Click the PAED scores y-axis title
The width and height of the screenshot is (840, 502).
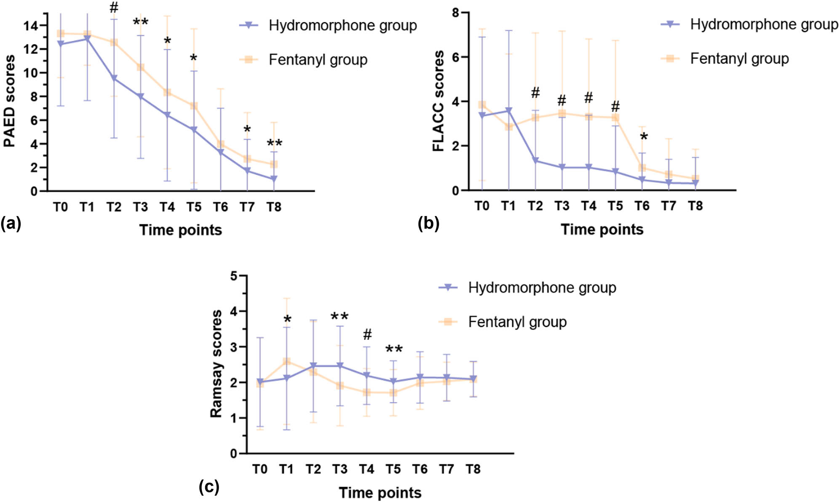[x=9, y=101]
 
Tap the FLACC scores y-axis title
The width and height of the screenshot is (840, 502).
[x=439, y=101]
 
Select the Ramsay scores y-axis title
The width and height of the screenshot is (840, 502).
[x=216, y=364]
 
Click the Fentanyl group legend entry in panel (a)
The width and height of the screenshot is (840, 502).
[x=318, y=60]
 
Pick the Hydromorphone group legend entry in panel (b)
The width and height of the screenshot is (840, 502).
[x=763, y=24]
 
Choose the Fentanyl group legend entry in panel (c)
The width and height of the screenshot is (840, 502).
[x=517, y=322]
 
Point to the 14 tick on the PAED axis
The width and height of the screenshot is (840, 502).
[x=30, y=26]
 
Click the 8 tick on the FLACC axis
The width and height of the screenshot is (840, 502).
[x=456, y=13]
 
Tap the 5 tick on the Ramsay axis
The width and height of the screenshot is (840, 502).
[x=234, y=276]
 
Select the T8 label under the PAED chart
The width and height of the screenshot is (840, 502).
[x=274, y=207]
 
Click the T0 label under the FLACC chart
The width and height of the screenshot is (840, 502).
[x=482, y=206]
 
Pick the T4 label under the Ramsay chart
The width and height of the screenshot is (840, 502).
[x=366, y=469]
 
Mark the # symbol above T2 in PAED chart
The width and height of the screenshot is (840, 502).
[x=114, y=8]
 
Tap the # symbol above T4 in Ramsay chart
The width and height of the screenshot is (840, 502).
[x=367, y=335]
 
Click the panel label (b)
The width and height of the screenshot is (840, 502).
[x=428, y=223]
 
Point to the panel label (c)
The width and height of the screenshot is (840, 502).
[x=209, y=487]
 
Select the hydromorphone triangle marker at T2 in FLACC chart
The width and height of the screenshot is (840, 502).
[x=535, y=160]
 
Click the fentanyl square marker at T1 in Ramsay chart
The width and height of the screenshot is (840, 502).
[x=287, y=361]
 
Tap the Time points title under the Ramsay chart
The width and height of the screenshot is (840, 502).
[x=380, y=493]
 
